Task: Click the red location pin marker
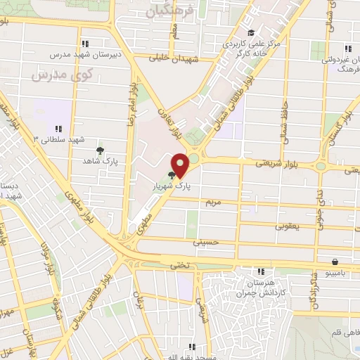(181, 165)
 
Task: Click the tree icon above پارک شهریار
(172, 176)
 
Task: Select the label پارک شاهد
(98, 161)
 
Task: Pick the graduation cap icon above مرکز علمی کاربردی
(251, 32)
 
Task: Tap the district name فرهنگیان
(168, 12)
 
